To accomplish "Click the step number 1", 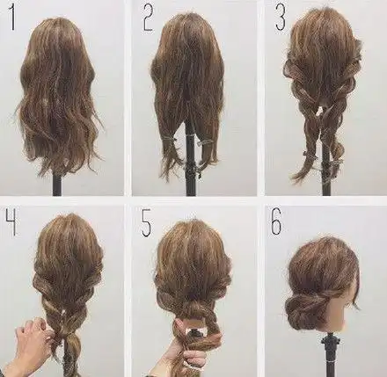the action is point(12,18).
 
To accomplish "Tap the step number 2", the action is point(148,18).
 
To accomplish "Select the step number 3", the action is point(281,18).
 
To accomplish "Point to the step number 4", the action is point(11,221).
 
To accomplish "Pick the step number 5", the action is point(147,224).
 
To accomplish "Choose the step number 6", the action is point(277,221).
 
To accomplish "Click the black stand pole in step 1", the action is point(57,185).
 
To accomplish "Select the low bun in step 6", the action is point(299,309).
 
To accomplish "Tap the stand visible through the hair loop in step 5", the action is point(194,332).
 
